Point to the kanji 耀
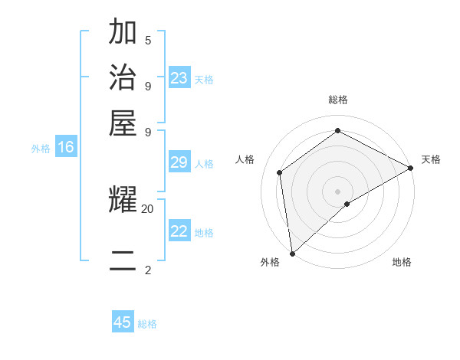click(x=123, y=201)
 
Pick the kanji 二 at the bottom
click(x=123, y=260)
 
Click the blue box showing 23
click(x=179, y=78)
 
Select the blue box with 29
click(x=179, y=162)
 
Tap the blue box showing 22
click(x=179, y=231)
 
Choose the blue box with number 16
click(x=66, y=147)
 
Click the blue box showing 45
click(x=123, y=322)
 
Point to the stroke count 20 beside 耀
click(x=148, y=208)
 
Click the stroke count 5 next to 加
click(x=148, y=40)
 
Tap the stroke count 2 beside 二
click(x=148, y=270)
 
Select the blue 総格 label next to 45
click(x=147, y=324)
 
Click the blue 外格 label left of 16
click(x=41, y=149)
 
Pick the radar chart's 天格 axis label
click(x=431, y=159)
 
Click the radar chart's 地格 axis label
click(x=402, y=262)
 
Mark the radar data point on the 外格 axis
click(x=292, y=253)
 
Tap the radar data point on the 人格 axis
click(x=280, y=172)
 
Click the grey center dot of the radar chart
click(x=337, y=191)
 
